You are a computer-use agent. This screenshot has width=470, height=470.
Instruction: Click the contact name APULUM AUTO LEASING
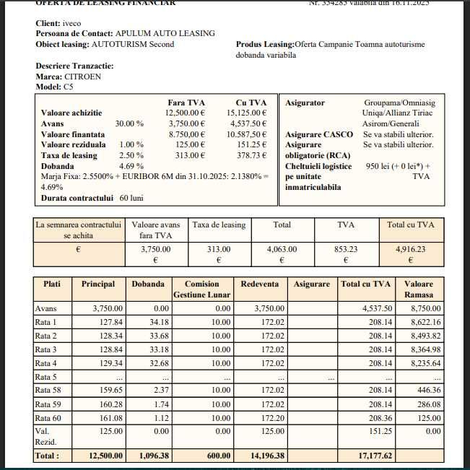tap(165, 33)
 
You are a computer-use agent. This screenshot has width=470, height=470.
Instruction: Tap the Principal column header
tap(98, 284)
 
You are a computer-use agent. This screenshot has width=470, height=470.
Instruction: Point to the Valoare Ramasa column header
tap(419, 290)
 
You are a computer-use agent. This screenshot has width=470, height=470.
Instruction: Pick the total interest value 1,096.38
tap(150, 456)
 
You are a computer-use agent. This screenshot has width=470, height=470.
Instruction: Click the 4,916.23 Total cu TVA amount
tap(411, 248)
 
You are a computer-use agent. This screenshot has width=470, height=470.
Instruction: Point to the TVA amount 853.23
tap(346, 248)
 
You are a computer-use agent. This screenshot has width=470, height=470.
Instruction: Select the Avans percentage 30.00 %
tap(129, 123)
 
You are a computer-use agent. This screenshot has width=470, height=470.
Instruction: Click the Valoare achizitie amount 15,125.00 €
tap(246, 113)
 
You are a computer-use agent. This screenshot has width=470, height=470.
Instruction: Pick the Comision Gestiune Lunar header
tap(202, 290)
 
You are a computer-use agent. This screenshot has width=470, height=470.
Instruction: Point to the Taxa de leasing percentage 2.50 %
tap(131, 155)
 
